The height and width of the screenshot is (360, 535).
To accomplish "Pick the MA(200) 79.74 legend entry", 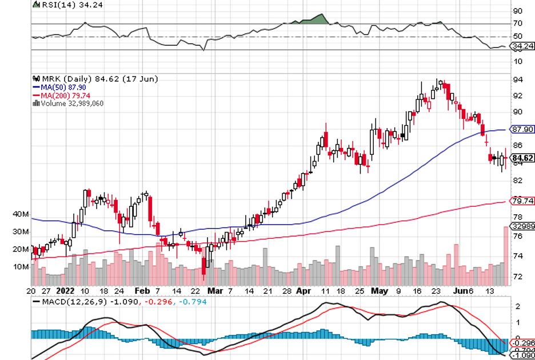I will (x=59, y=95).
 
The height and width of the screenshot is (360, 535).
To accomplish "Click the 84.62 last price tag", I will (x=521, y=158).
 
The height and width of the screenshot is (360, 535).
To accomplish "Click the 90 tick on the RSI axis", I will (x=517, y=11).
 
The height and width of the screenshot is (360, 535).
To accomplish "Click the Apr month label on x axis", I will (x=303, y=290).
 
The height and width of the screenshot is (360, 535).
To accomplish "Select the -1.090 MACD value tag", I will (x=521, y=354).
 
